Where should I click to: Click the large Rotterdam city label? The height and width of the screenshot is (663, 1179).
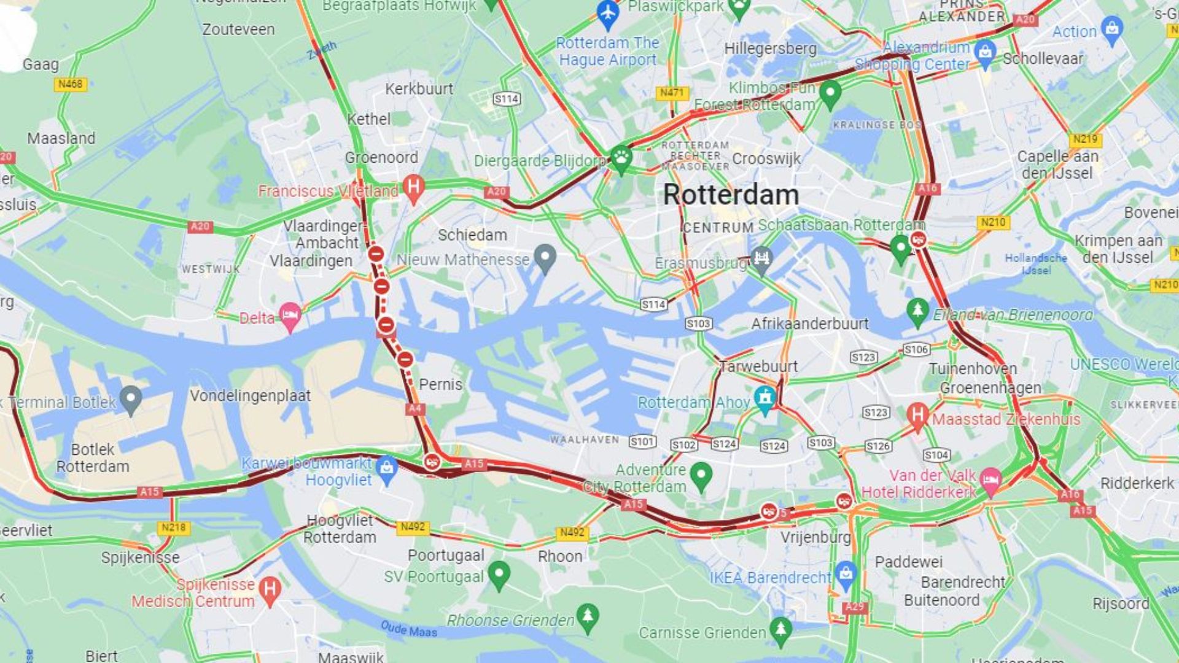click(x=731, y=195)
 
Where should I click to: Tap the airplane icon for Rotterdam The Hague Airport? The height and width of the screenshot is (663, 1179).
click(x=607, y=14)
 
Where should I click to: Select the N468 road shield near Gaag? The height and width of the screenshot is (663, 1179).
click(x=70, y=84)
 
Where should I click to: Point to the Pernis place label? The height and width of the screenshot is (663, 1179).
click(x=440, y=385)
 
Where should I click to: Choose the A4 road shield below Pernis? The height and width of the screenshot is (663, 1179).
click(x=415, y=409)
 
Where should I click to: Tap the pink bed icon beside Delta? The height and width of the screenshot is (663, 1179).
click(x=290, y=316)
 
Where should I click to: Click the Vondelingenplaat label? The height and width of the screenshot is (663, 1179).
click(x=250, y=396)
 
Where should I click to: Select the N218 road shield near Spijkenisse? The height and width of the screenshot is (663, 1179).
click(x=173, y=527)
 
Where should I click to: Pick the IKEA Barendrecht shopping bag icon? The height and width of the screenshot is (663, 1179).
click(x=846, y=573)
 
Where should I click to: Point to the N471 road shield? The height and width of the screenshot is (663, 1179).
click(x=672, y=93)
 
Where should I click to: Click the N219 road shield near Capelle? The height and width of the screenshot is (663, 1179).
click(x=1085, y=139)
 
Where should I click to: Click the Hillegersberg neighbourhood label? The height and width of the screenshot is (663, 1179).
click(x=770, y=48)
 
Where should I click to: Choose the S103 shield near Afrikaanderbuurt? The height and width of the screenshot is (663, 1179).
click(x=698, y=324)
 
